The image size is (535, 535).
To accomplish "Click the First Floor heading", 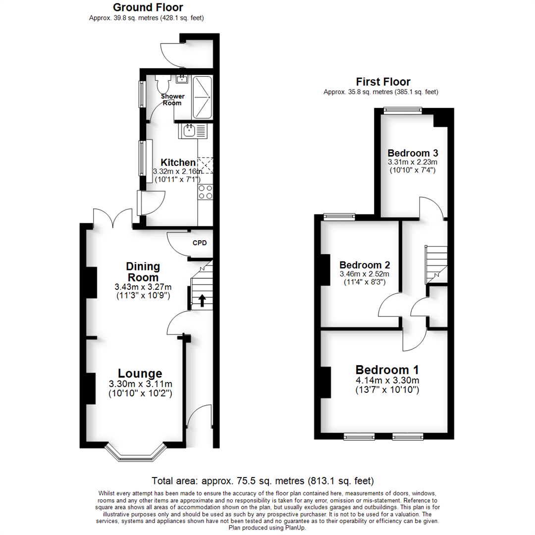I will click(383, 82).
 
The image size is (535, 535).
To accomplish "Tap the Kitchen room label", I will click(178, 162).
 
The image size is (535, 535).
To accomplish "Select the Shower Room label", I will click(172, 100).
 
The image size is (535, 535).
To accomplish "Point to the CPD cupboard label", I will click(200, 243).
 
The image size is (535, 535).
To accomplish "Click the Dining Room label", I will click(143, 271).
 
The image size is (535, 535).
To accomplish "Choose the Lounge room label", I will click(140, 374).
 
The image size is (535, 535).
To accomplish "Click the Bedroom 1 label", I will click(387, 370).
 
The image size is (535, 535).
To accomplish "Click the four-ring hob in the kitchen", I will click(205, 192).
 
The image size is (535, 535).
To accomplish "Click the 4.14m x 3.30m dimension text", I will click(387, 380).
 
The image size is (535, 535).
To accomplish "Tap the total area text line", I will click(263, 481).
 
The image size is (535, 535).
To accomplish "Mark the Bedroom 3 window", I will click(402, 111).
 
